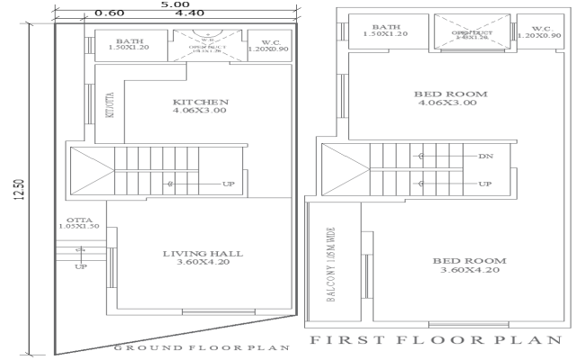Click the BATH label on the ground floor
coord(128,41)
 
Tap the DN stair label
coord(486,157)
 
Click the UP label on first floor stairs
coord(485,184)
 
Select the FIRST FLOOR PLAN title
coord(436,340)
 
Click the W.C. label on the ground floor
coord(271,44)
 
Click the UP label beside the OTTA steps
coord(80,267)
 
